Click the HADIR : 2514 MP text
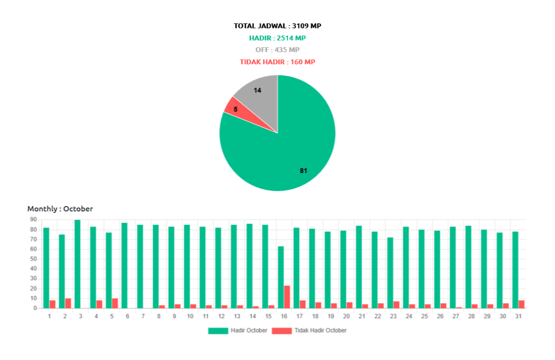[277, 38]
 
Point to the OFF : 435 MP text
[277, 50]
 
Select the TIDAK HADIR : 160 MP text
[277, 62]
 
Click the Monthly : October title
[60, 208]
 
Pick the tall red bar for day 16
[287, 297]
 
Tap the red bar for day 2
[68, 303]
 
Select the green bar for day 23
[390, 272]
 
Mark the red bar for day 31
[522, 304]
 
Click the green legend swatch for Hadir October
[218, 331]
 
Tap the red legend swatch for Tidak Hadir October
[281, 331]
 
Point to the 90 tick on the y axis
[33, 220]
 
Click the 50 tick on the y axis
[33, 259]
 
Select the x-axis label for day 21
[361, 316]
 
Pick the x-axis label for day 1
[49, 316]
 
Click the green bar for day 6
[124, 265]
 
